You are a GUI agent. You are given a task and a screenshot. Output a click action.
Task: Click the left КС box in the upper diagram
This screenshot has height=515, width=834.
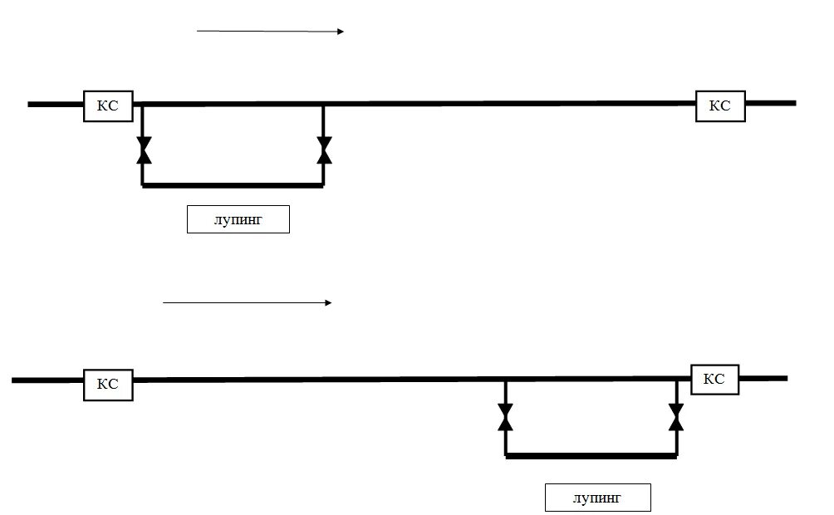tap(108, 105)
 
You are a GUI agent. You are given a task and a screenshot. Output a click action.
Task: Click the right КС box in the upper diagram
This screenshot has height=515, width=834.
tap(719, 105)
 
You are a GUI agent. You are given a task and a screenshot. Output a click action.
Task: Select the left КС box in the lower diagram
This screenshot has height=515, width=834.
tap(108, 385)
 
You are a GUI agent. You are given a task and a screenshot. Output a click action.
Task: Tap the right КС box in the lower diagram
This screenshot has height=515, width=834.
tap(714, 379)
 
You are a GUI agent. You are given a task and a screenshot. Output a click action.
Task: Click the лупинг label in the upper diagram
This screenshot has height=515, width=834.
tap(238, 220)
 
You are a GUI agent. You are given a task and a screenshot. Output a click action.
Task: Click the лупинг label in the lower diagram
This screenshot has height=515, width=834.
tap(597, 498)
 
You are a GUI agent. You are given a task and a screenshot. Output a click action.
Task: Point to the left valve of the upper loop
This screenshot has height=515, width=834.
tap(144, 150)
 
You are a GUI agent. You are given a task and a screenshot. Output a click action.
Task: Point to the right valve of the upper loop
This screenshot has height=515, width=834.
tap(324, 150)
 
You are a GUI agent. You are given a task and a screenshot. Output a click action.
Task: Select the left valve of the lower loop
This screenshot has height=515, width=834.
tap(505, 418)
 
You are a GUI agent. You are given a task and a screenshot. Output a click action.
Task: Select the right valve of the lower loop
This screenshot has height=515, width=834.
tap(676, 417)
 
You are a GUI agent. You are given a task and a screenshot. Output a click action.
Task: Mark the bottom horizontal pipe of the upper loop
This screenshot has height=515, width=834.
tap(233, 185)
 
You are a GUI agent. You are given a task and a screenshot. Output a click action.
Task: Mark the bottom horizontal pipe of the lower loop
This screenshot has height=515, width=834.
tap(591, 455)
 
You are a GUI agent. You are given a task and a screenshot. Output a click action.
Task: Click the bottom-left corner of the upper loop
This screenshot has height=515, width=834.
tap(144, 185)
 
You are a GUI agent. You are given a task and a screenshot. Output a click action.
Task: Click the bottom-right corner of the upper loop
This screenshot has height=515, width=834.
tap(324, 185)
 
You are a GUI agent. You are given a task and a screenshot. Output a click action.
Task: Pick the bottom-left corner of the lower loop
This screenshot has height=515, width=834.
tap(506, 455)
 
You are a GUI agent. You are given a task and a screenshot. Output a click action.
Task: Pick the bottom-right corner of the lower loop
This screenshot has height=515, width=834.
tap(676, 455)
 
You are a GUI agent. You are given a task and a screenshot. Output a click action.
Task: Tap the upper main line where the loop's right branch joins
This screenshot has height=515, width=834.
tap(324, 105)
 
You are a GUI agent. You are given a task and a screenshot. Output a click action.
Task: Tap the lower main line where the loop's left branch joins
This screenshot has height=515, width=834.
tap(505, 380)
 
